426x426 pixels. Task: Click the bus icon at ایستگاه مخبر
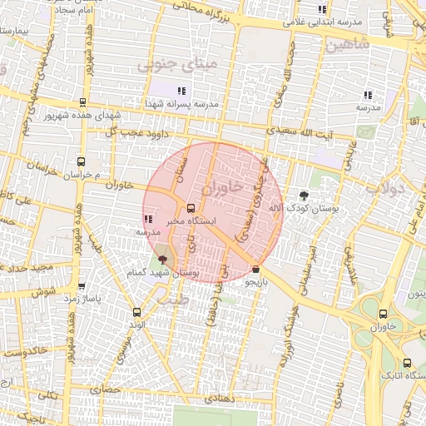[191, 209]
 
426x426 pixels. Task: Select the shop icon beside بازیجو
[255, 270]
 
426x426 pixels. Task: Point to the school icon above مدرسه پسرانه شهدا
[182, 91]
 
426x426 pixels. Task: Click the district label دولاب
[384, 187]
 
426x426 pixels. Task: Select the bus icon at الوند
[136, 312]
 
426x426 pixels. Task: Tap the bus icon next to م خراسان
[81, 162]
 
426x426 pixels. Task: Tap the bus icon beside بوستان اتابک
[407, 363]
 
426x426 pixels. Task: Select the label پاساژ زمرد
[82, 298]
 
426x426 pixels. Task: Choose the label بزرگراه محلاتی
[211, 8]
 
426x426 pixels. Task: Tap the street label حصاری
[107, 389]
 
